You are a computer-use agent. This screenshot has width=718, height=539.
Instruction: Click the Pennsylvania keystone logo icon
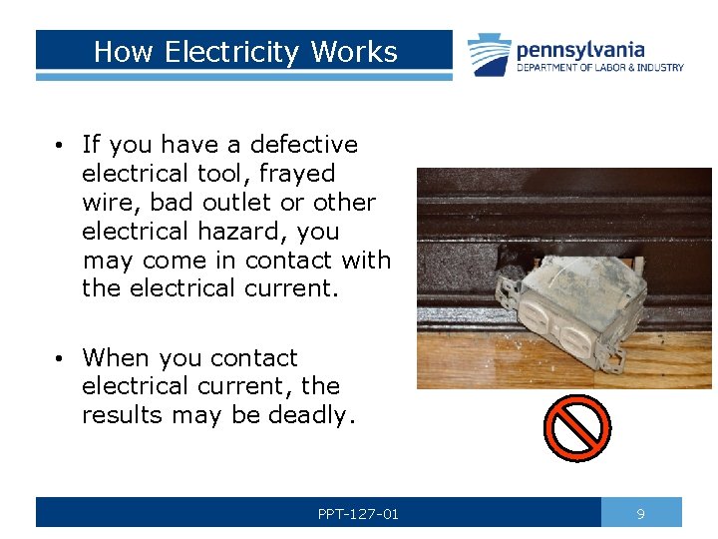pyautogui.click(x=489, y=55)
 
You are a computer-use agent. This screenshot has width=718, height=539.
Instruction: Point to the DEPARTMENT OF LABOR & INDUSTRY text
pyautogui.click(x=599, y=68)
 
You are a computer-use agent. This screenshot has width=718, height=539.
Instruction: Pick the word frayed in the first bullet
pyautogui.click(x=296, y=174)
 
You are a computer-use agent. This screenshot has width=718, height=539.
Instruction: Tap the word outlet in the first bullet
pyautogui.click(x=237, y=203)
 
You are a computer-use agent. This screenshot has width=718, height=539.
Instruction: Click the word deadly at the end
pyautogui.click(x=311, y=415)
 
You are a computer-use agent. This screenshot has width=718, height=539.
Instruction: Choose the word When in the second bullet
pyautogui.click(x=113, y=357)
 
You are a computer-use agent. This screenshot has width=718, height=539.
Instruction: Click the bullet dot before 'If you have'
pyautogui.click(x=61, y=146)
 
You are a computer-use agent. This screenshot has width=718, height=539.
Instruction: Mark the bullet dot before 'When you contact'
pyautogui.click(x=61, y=358)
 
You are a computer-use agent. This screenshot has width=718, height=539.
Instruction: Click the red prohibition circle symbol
pyautogui.click(x=576, y=427)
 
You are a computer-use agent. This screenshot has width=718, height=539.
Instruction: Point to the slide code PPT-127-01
pyautogui.click(x=358, y=514)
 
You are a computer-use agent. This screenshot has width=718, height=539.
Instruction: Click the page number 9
pyautogui.click(x=641, y=514)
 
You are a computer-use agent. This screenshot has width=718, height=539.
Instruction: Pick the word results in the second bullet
pyautogui.click(x=122, y=415)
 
